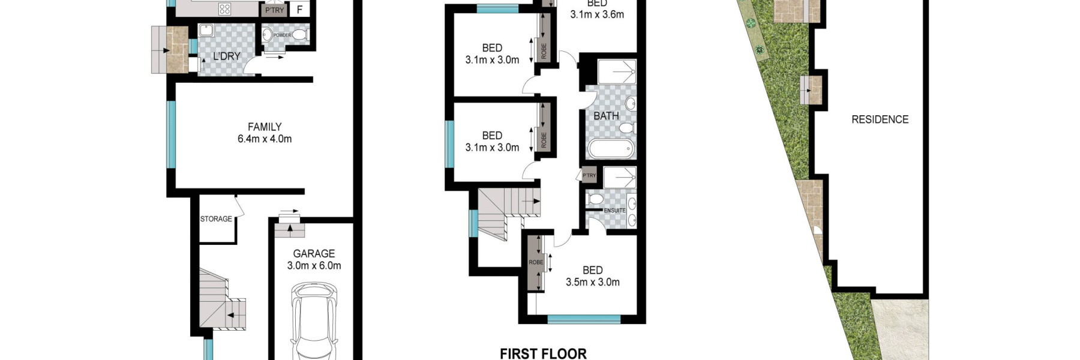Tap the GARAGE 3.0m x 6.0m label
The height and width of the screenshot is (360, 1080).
pos(314,259)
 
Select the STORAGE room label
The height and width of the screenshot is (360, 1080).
pos(216,219)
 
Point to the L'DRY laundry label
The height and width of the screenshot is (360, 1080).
pos(227,56)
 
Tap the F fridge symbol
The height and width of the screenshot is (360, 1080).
pos(299,10)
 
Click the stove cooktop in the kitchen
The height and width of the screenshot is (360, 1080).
pos(224,9)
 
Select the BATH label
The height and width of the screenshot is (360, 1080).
pos(606,116)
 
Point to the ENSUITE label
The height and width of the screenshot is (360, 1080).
pos(614,211)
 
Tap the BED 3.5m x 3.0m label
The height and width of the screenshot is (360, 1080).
pos(593,276)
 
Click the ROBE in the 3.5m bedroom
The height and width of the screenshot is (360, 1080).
pos(536,262)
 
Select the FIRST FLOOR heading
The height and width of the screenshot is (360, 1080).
pos(543,353)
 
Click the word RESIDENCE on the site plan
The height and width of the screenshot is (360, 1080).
pos(880,119)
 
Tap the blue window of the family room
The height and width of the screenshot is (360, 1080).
pos(171,134)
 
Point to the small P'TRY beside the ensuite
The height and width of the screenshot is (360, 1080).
pos(589,175)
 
